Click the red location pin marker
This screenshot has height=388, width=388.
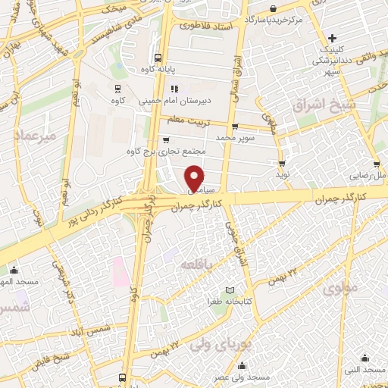pyautogui.click(x=196, y=177)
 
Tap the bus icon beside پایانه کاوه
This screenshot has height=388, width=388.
pyautogui.click(x=158, y=58)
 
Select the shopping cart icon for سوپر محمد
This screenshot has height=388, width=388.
pyautogui.click(x=235, y=127)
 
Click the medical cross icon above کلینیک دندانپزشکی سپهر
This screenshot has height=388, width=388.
pyautogui.click(x=333, y=38)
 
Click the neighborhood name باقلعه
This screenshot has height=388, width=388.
pyautogui.click(x=196, y=264)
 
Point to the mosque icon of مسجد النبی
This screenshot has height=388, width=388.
pyautogui.click(x=366, y=358)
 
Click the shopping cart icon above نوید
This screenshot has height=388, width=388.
pyautogui.click(x=282, y=163)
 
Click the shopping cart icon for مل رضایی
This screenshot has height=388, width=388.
pyautogui.click(x=374, y=164)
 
